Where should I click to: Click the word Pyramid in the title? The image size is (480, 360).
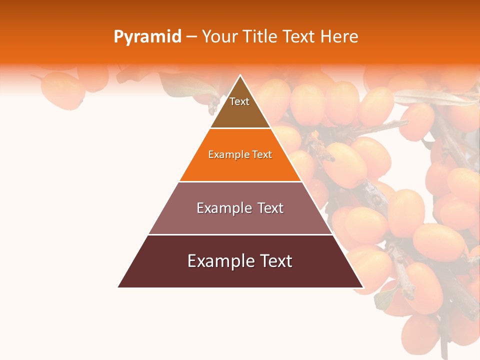[x=147, y=37]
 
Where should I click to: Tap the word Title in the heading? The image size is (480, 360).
[x=260, y=37]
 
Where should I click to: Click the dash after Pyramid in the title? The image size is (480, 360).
[x=192, y=37]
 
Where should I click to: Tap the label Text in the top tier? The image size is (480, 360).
[x=239, y=101]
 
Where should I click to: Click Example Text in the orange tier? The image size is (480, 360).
[x=240, y=154]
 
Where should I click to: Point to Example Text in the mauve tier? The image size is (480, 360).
[x=240, y=208]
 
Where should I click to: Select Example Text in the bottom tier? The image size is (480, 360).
[x=240, y=261]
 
